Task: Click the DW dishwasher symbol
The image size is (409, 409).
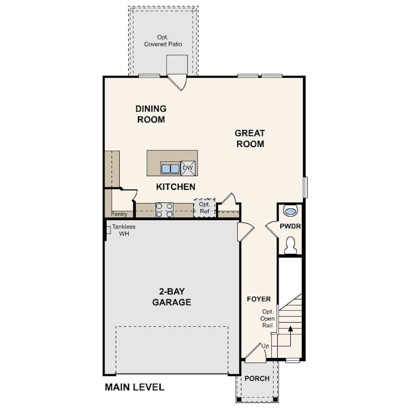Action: coord(188,168)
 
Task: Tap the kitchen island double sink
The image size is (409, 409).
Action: coord(170,168)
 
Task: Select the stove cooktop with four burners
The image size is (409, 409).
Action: coord(164,210)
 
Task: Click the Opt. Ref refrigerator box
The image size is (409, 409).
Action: coord(205,208)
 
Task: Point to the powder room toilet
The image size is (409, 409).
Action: coord(290,245)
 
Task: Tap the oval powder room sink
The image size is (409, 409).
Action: coord(290,211)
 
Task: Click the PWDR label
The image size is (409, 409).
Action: coord(290,226)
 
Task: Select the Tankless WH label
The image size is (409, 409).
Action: coord(124,230)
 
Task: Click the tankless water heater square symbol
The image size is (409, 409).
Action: coord(108,230)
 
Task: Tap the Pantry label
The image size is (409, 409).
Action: coord(119,214)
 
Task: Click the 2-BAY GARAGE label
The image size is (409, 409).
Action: coord(172,296)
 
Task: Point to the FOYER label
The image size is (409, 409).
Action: coord(259,299)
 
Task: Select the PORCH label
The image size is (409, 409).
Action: coord(257,378)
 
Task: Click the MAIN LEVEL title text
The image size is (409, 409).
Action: coord(135,387)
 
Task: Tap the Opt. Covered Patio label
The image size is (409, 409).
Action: coord(163,41)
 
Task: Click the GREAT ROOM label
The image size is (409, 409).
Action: coord(250,138)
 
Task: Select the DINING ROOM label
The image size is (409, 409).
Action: coord(151,114)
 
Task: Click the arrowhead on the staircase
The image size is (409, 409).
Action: coord(290,329)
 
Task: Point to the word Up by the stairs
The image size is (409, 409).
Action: coord(265,346)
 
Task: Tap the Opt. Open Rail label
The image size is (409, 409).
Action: coord(268,319)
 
